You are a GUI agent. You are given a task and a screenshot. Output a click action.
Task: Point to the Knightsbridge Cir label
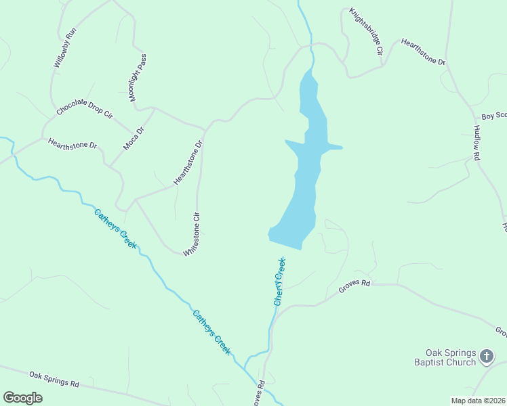click(x=367, y=32)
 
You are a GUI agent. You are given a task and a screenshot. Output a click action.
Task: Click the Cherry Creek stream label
click(x=279, y=281)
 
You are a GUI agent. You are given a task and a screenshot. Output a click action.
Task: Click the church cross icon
click(x=486, y=355)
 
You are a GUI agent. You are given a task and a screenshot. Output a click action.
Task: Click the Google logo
click(x=23, y=397)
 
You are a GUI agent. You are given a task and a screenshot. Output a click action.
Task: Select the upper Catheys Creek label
click(x=115, y=229)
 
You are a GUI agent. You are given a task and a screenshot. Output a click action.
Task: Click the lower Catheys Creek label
click(x=211, y=332)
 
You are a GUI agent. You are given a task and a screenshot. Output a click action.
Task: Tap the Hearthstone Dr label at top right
click(x=423, y=52)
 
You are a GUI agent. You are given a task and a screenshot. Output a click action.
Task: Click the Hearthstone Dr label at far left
click(x=73, y=144)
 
